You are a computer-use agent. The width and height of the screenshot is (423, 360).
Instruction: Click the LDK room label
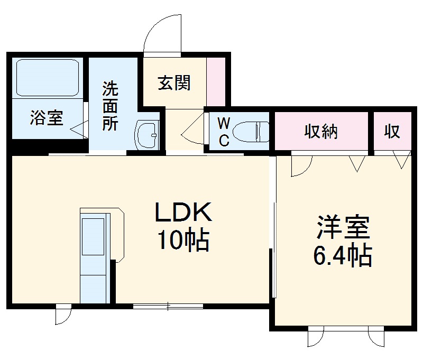click(x=183, y=213)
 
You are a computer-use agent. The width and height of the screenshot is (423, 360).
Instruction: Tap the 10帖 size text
click(x=183, y=241)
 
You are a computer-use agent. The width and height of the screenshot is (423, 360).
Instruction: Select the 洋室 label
click(x=343, y=228)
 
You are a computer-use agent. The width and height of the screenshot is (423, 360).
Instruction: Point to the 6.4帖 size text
click(x=343, y=256)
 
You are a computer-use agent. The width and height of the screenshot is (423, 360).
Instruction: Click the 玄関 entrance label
click(x=174, y=83)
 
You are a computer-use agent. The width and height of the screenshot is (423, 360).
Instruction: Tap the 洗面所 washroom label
click(x=110, y=106)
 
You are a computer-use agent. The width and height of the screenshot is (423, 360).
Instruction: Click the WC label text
click(x=224, y=132)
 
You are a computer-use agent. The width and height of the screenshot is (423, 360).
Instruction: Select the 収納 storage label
click(x=320, y=131)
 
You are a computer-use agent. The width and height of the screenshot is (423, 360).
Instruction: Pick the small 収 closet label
click(x=392, y=131)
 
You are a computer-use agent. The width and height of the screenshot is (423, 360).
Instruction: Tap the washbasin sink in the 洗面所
click(x=146, y=135)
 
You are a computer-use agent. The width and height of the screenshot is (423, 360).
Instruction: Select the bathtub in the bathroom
click(x=47, y=77)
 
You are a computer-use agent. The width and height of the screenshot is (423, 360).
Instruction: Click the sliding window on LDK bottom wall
click(x=168, y=306)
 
